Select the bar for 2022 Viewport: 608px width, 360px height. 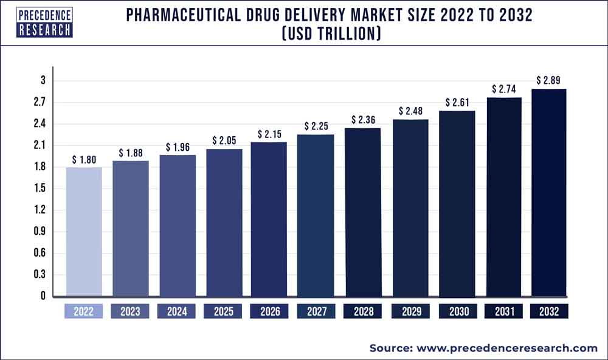click(84, 232)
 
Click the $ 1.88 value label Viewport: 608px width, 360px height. click(130, 153)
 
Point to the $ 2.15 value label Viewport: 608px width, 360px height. click(269, 134)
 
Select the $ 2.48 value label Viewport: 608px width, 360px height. click(409, 111)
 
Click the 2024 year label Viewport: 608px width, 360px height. click(177, 311)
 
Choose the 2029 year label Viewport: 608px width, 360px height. click(409, 311)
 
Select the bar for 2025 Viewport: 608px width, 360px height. click(223, 223)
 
